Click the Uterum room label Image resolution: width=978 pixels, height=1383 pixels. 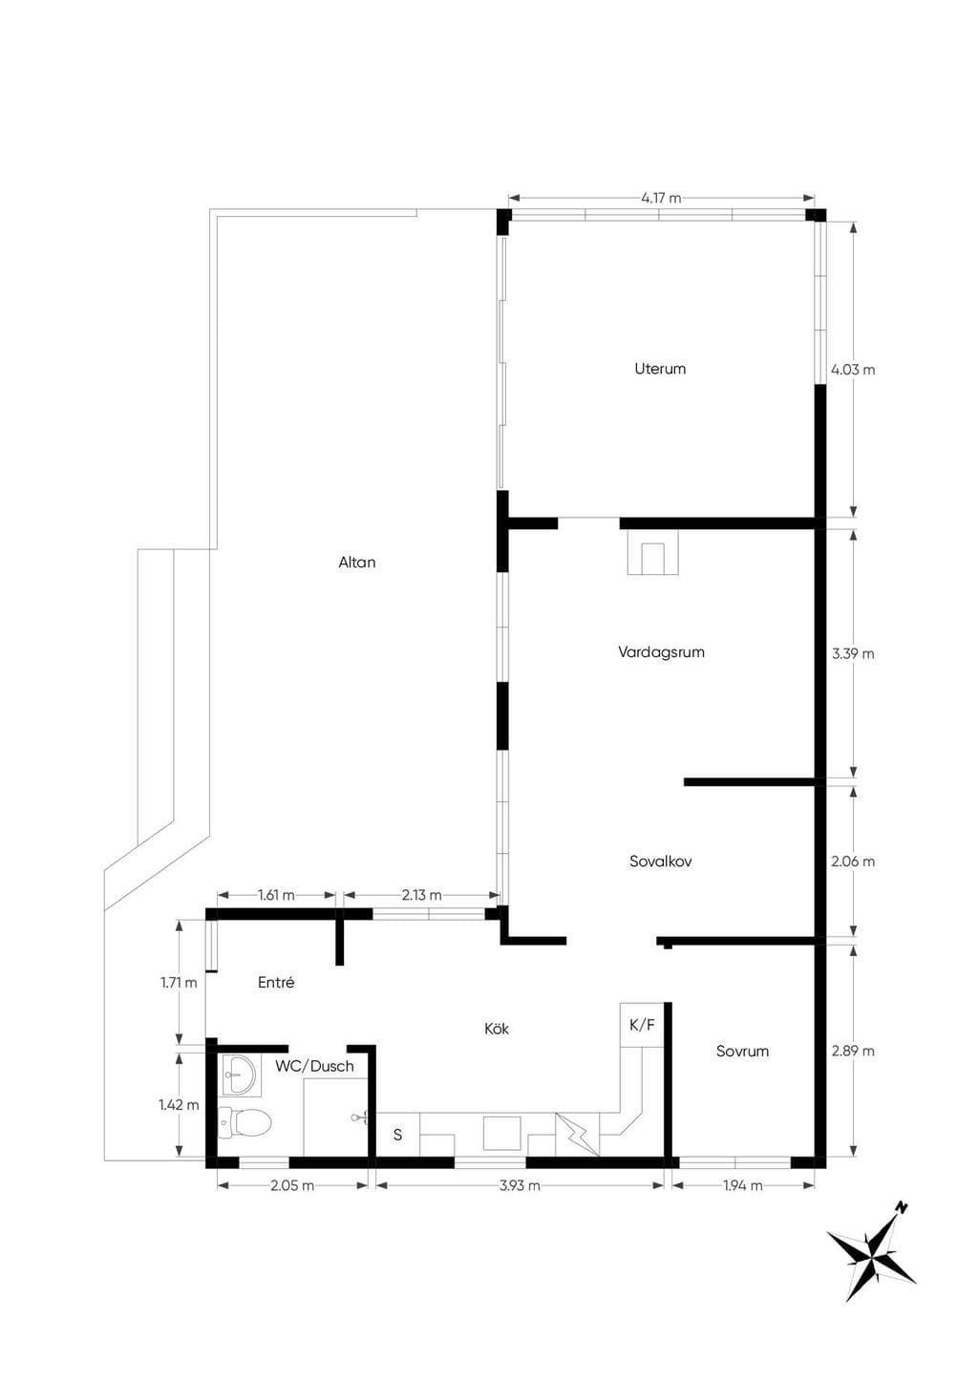[660, 369]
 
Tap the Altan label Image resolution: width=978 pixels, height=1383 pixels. [357, 563]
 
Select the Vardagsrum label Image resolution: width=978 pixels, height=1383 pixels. [661, 652]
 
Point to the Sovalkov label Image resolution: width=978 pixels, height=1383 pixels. [661, 862]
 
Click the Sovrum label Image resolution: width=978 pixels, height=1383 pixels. [742, 1051]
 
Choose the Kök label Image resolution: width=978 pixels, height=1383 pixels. [497, 1029]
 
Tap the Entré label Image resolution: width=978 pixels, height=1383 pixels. [276, 982]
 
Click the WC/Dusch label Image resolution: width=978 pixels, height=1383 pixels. [315, 1066]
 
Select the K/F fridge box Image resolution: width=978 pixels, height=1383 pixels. [642, 1025]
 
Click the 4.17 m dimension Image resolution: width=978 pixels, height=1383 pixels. [661, 199]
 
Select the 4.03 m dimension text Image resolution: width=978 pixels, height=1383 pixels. [853, 370]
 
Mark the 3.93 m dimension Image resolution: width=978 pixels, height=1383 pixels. [520, 1185]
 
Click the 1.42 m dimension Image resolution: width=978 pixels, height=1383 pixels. [179, 1104]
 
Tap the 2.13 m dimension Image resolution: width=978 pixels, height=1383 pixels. [422, 895]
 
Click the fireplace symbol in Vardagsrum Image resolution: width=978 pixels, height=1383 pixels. [652, 551]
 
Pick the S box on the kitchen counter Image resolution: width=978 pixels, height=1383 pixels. [398, 1134]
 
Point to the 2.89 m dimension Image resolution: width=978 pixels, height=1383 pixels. [853, 1051]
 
